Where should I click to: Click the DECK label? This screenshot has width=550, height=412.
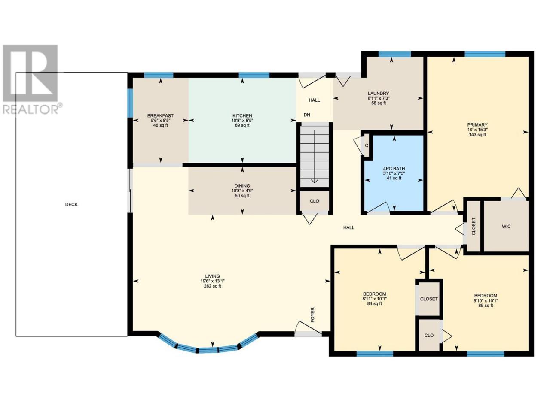point(71,204)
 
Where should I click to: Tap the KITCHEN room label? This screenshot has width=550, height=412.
point(242,115)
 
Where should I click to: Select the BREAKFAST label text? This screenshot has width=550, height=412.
point(160,115)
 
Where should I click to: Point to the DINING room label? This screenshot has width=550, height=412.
point(242,186)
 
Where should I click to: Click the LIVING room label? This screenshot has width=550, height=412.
point(213,276)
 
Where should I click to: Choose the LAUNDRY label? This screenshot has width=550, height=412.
point(378,94)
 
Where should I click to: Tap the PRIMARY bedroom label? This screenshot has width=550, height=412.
point(477,125)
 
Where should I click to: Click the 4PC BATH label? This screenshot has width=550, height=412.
point(394,169)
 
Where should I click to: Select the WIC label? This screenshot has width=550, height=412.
point(506,227)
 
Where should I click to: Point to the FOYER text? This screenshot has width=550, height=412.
point(312,315)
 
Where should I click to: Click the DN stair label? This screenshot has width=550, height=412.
point(307,115)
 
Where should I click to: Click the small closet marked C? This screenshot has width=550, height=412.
point(366,145)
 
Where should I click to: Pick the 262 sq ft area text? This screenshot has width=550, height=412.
point(213,286)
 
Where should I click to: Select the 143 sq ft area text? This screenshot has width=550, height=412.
point(477,135)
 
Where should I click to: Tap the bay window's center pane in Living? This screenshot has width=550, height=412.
point(208,350)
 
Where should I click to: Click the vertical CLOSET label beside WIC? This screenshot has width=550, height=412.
point(474,227)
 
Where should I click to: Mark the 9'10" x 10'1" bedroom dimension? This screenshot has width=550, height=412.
point(486,300)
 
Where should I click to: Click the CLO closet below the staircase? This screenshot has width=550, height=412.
point(315,201)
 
